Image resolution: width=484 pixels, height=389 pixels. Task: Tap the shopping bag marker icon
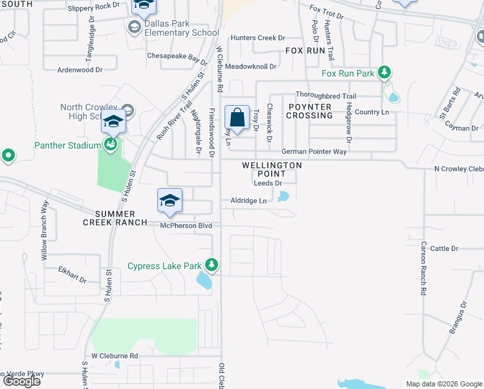click(x=237, y=119)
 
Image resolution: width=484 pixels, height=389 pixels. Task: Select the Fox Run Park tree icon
click(x=384, y=73)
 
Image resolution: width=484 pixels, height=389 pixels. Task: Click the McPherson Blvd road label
click(x=187, y=225)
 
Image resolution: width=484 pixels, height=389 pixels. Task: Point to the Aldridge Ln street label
click(x=248, y=201)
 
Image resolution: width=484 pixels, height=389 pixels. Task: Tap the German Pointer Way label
click(x=314, y=152)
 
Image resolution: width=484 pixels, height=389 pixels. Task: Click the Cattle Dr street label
click(x=444, y=248)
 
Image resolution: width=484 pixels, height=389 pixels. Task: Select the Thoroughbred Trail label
click(x=326, y=96)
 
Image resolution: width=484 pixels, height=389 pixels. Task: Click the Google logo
click(x=22, y=381)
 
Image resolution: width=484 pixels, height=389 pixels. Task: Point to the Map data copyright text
click(x=443, y=384)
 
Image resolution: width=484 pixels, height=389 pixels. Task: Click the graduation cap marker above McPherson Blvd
click(x=170, y=200)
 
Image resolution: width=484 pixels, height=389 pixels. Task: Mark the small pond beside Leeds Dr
click(x=283, y=196)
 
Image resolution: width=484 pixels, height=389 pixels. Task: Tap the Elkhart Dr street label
click(x=72, y=274)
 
